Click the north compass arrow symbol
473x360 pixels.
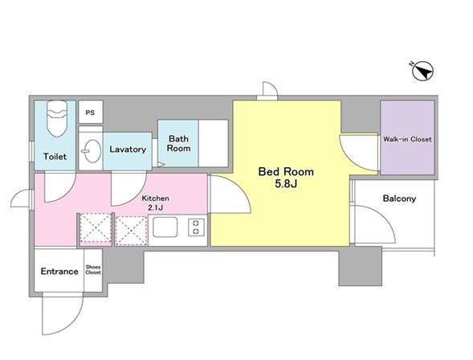click(422, 71)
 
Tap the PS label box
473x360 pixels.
click(91, 112)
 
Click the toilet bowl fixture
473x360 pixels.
click(57, 118)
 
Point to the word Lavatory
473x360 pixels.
click(128, 149)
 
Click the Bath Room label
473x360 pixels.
click(178, 143)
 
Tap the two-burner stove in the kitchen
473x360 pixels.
click(196, 227)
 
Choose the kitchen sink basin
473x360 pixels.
click(165, 227)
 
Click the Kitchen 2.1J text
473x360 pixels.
click(155, 202)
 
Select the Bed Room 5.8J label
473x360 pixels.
click(286, 178)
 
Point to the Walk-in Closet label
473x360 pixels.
click(407, 139)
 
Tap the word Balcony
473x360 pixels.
click(399, 198)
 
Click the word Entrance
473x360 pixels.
click(59, 272)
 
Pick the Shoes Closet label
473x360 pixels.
click(93, 270)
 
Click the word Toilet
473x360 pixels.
click(55, 157)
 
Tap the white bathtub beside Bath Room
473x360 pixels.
click(214, 143)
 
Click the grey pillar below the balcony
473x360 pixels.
click(361, 266)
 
